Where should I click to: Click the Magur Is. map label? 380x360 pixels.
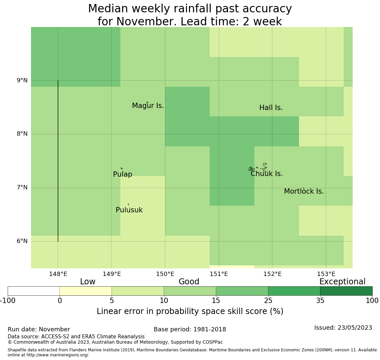pos(148,106)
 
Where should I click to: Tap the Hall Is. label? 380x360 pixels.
pos(271,108)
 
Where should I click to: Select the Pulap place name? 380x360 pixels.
pos(122,174)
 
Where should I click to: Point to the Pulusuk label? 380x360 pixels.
pos(129,210)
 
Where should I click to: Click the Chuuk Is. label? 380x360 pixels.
pos(266,174)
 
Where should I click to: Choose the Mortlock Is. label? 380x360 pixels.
pos(304,191)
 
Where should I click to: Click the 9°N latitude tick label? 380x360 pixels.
pos(22,80)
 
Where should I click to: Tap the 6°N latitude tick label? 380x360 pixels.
pos(22,241)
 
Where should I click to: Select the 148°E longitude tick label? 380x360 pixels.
pos(58,274)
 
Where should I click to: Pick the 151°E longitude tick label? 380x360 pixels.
pos(219,274)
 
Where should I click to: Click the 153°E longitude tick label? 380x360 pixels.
pos(326,274)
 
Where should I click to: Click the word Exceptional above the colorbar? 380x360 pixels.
pos(342,282)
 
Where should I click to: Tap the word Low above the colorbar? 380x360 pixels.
pos(88,282)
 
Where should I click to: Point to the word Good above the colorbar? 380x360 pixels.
pos(189,282)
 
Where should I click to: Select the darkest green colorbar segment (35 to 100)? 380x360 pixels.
pos(346,291)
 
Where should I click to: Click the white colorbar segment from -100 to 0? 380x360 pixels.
pos(34,291)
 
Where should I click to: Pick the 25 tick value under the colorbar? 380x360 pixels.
pos(268,301)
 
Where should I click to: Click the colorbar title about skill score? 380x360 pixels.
pos(190,311)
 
